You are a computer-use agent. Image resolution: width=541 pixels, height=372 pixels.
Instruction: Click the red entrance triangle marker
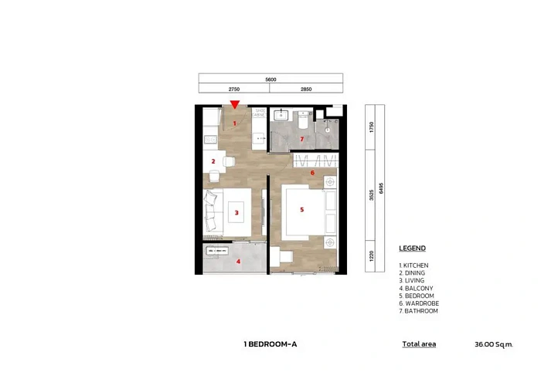point(234,105)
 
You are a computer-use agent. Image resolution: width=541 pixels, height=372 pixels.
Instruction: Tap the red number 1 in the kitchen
point(234,123)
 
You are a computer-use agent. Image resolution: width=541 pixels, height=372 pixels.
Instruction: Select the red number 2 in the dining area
point(213,161)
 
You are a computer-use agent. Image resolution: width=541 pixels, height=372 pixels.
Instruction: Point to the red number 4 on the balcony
point(238,262)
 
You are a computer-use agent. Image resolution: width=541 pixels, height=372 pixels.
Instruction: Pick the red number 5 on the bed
point(302,208)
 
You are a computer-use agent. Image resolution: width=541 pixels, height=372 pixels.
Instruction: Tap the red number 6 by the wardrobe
point(311,173)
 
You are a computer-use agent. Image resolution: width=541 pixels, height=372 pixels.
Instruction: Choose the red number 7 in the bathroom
point(301,139)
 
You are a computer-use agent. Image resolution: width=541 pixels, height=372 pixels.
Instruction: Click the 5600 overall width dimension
point(270,79)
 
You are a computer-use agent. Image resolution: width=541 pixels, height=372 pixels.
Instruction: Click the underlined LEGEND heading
point(412,249)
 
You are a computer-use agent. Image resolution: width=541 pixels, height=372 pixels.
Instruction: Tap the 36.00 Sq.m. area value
point(494,344)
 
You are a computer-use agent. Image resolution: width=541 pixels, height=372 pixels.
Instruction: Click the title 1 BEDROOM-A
point(270,344)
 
